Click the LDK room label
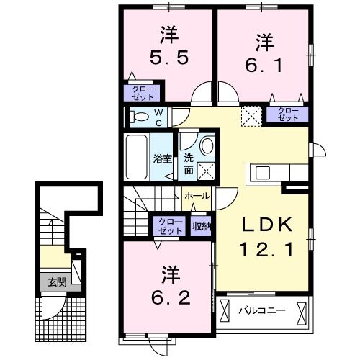pos(266,225)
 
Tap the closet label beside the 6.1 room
pos(288,113)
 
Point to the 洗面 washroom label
pos(187,164)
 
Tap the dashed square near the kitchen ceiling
pos(250,115)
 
